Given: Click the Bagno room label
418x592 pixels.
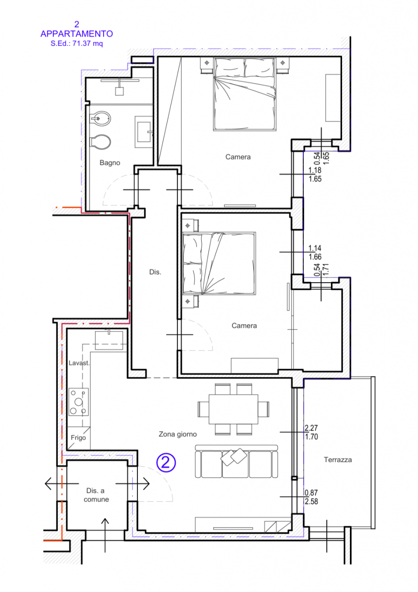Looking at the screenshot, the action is click(x=110, y=163).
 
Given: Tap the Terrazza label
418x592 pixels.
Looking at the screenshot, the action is click(x=338, y=460).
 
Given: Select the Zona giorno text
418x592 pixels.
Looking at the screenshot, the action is click(x=178, y=434).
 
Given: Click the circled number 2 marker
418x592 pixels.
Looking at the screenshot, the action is click(x=166, y=462).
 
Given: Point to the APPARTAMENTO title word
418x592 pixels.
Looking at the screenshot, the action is click(x=77, y=34).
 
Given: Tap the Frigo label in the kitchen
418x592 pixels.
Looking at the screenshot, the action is click(x=78, y=438).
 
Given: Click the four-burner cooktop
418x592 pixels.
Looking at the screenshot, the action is click(x=79, y=402).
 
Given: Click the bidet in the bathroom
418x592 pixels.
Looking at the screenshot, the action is click(x=100, y=119).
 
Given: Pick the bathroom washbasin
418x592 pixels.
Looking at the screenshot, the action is click(x=144, y=132).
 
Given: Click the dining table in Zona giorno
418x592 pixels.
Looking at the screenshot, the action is click(x=233, y=409).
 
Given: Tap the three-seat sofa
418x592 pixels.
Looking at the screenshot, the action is click(x=237, y=462).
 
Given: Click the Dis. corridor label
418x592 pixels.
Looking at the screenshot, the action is click(x=155, y=272).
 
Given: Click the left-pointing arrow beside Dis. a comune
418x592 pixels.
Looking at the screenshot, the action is click(x=62, y=484).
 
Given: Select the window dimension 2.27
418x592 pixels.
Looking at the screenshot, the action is click(x=311, y=428).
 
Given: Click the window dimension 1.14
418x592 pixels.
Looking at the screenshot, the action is click(x=315, y=248).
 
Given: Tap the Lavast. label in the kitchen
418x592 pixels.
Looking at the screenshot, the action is click(x=79, y=363).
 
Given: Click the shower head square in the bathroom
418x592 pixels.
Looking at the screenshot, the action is click(x=119, y=91).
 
